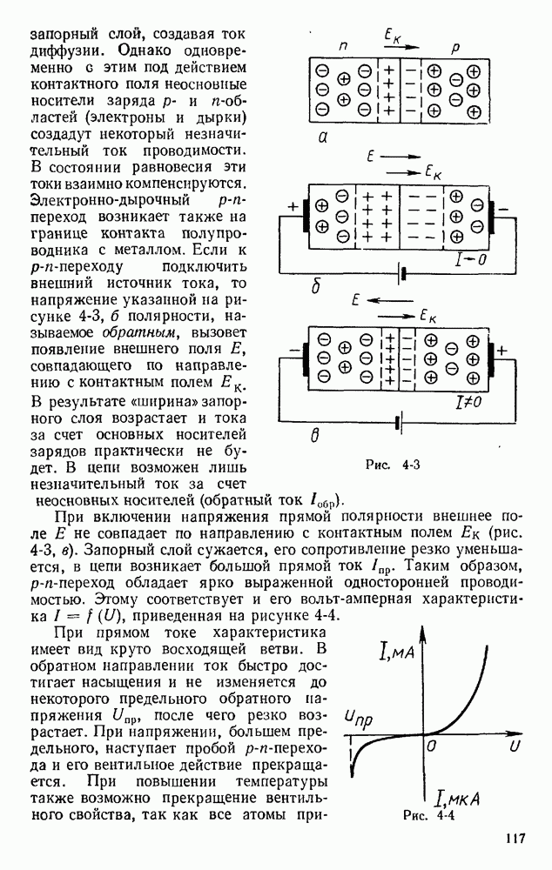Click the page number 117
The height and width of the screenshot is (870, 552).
click(x=514, y=839)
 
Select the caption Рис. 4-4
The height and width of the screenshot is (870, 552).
click(x=430, y=816)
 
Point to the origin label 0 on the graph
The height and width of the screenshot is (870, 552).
click(x=433, y=746)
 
